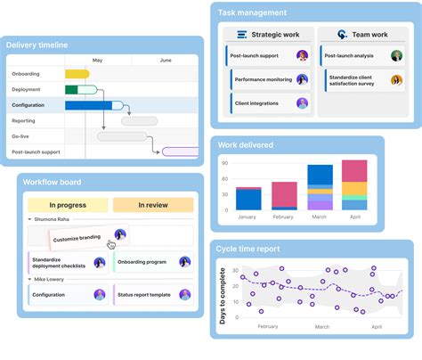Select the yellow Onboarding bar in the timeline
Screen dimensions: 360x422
click(77, 74)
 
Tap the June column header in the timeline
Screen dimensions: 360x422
click(166, 61)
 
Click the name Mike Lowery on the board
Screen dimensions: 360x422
click(50, 279)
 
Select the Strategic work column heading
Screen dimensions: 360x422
click(275, 35)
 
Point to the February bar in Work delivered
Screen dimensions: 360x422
click(284, 196)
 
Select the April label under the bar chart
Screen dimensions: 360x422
click(354, 217)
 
